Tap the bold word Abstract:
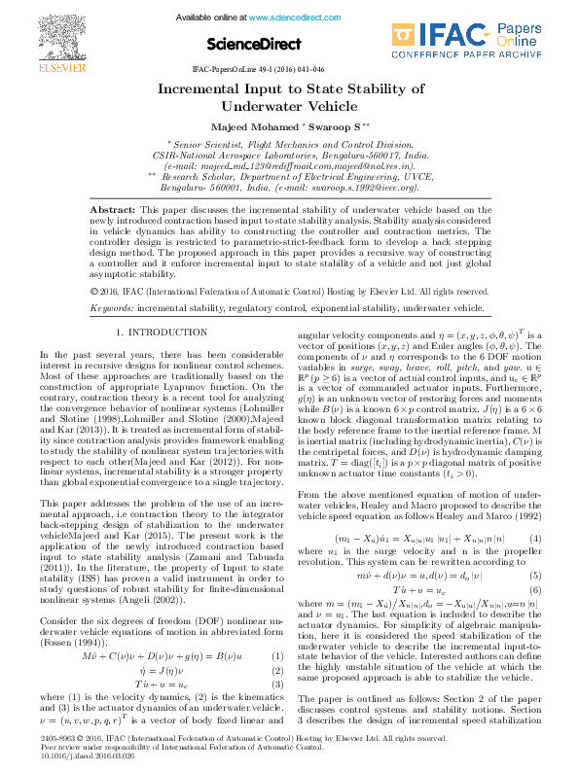(113, 210)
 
